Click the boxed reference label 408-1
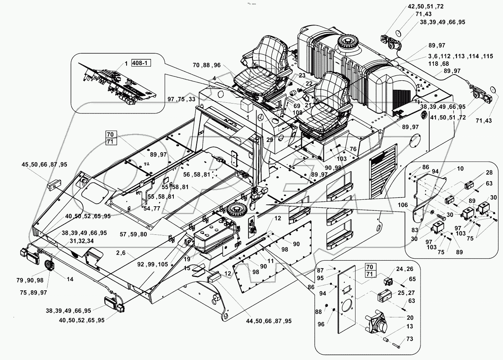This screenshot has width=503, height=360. point(141,63)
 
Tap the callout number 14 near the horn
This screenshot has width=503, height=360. point(70,279)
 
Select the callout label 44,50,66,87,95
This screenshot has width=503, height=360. point(268,321)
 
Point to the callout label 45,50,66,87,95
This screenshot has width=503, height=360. point(44,164)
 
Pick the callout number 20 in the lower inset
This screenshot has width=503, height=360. point(410,318)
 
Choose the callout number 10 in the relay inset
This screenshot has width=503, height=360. point(450,169)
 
